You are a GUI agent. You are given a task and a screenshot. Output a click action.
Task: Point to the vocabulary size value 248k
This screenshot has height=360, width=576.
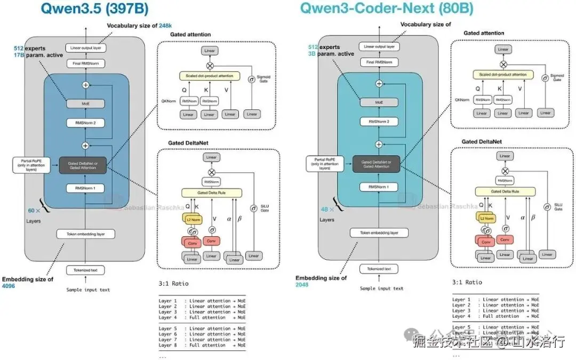(x=165, y=26)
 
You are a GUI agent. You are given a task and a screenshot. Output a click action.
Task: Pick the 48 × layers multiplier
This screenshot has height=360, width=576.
(x=326, y=210)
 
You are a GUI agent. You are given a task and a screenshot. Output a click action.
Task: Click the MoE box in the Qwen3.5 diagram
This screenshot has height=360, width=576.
(x=85, y=103)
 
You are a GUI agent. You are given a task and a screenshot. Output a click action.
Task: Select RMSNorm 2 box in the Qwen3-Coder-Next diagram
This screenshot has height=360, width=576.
(x=379, y=122)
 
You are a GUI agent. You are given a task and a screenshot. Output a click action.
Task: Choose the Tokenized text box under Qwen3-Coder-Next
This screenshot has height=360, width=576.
(x=379, y=269)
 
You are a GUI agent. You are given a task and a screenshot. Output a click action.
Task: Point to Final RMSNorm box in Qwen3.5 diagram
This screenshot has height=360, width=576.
(x=85, y=63)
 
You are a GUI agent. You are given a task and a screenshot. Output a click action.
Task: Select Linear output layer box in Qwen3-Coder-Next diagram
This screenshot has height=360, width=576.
(x=379, y=46)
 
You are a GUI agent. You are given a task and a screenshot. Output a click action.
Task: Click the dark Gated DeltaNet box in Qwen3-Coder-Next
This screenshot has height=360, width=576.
(x=379, y=164)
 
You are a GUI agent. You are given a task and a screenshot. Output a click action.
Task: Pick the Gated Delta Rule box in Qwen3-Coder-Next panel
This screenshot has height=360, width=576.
(x=505, y=191)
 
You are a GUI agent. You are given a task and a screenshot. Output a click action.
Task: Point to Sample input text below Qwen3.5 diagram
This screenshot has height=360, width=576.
(x=88, y=290)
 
